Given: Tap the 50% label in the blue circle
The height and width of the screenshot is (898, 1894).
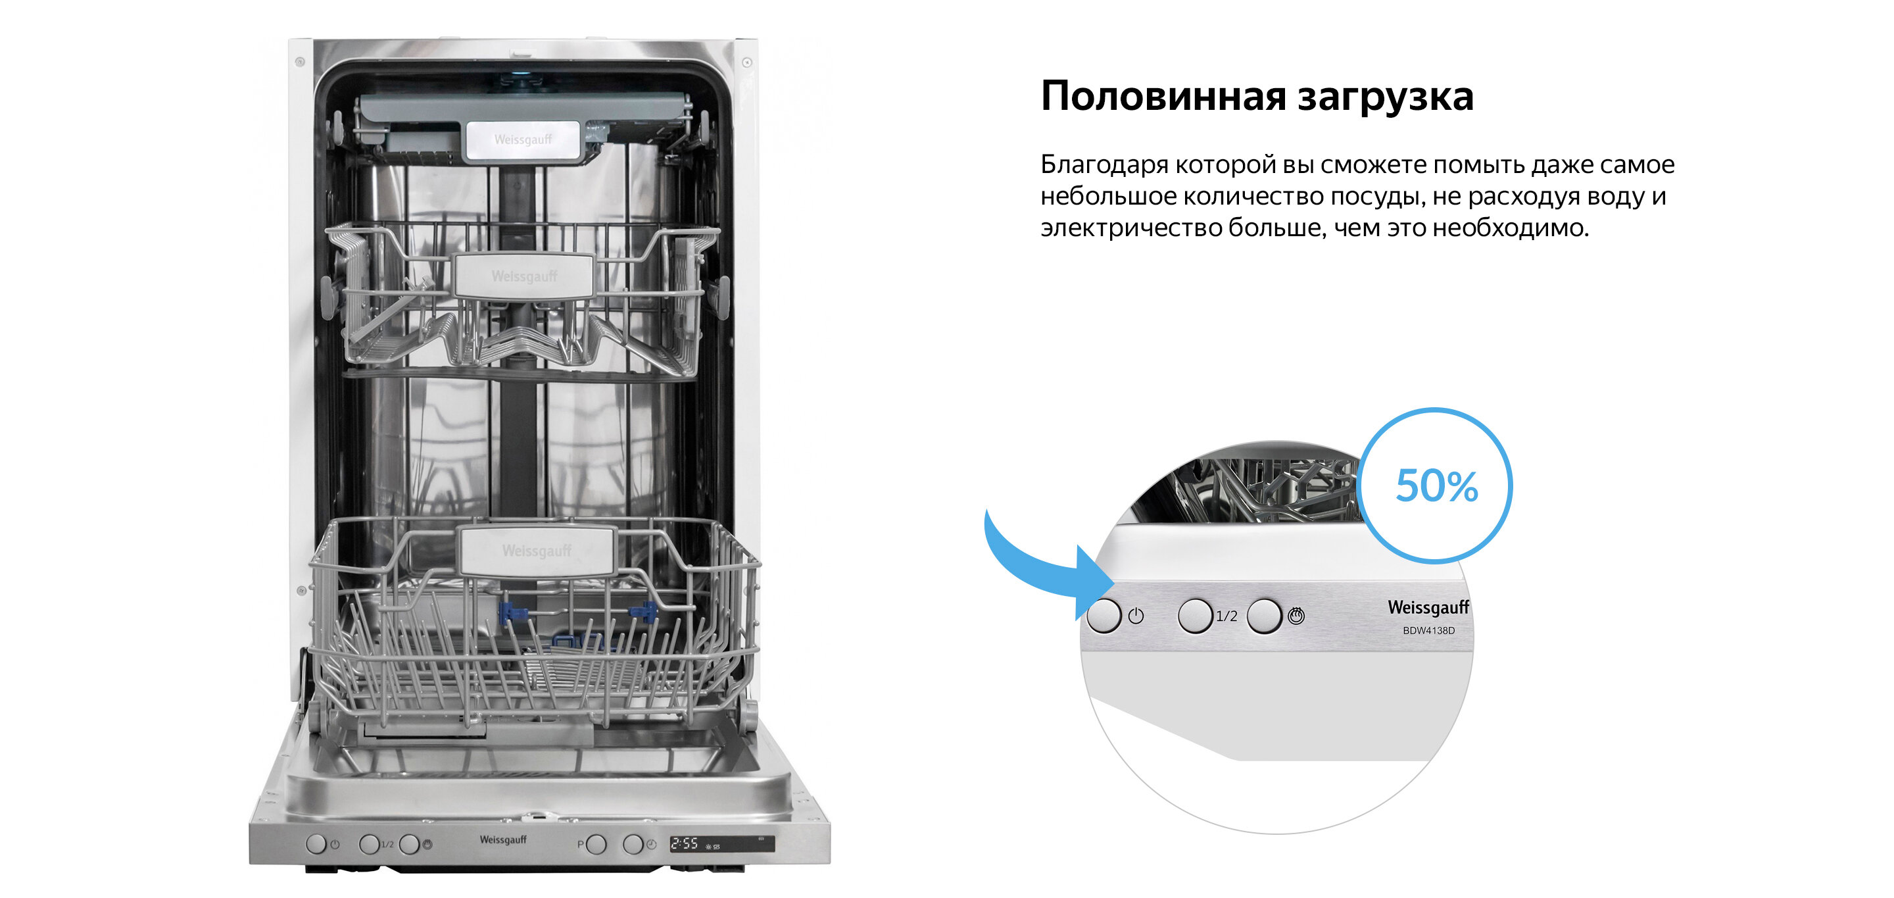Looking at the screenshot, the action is pos(1436,486).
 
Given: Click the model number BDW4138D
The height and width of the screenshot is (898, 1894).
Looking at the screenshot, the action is pos(1428,630).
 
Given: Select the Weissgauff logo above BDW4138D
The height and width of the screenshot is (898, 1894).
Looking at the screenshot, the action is pos(1428,607).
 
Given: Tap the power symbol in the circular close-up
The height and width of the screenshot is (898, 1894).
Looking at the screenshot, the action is pos(1136,616).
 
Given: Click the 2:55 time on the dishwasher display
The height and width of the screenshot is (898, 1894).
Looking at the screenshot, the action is pos(684,843).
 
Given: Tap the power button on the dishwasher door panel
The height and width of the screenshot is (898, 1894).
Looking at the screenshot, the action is pos(316,843).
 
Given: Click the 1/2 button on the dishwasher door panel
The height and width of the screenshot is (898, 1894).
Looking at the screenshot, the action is pos(368,843).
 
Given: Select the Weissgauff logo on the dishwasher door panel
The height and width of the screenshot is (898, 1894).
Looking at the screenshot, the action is pos(503,840).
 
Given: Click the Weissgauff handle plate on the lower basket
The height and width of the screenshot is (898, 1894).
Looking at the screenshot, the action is pos(536,550).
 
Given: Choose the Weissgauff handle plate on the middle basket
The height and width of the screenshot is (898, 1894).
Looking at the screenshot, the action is pos(524,276).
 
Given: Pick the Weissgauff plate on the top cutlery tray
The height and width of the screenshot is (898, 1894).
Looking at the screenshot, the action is pos(523,139).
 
